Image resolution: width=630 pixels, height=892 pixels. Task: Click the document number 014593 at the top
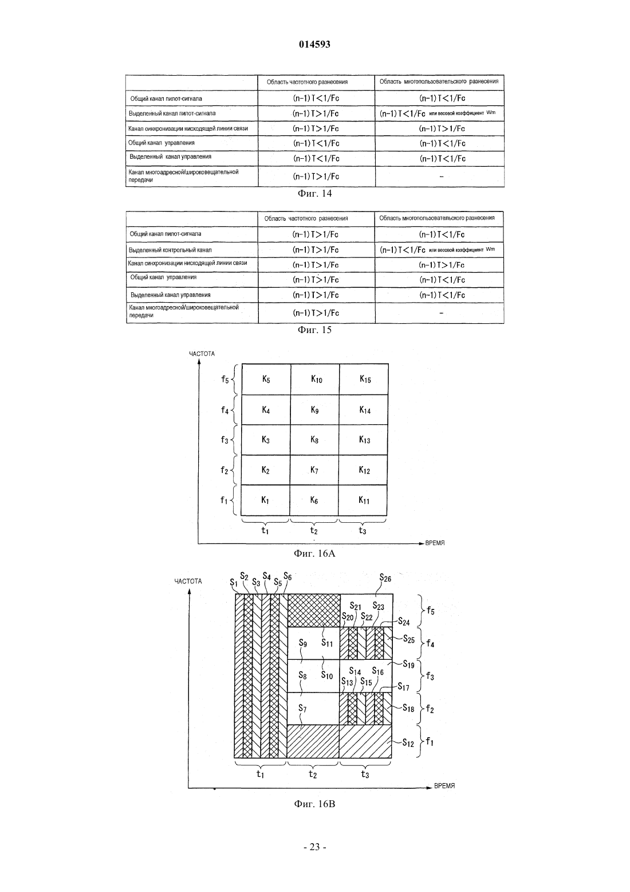point(314,44)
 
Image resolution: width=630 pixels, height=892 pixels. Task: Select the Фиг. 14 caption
point(314,194)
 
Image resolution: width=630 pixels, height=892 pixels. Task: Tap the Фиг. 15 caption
point(314,330)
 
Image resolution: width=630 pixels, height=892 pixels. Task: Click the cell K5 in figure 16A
point(266,380)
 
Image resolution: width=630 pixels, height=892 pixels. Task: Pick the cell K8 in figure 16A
point(314,440)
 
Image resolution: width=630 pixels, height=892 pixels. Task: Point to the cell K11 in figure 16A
point(364,500)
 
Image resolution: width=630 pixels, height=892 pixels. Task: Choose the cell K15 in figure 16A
point(365,380)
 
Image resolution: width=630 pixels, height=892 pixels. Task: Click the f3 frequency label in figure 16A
point(225,440)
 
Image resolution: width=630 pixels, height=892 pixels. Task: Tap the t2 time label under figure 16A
point(314,530)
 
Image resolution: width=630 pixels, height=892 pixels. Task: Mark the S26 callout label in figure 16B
point(385,578)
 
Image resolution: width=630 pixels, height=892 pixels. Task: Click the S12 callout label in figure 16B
point(408,743)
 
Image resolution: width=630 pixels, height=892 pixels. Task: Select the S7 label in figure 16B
point(302,709)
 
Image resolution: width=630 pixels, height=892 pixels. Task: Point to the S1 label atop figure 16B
point(234,582)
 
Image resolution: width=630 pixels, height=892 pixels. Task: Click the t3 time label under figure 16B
point(365,774)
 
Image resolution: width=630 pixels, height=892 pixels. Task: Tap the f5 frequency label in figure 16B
point(430,611)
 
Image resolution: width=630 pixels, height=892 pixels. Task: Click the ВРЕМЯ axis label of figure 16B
point(444,786)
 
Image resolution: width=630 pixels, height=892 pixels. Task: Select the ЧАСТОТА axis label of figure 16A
point(202,354)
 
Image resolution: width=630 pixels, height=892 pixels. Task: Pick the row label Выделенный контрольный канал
point(170,250)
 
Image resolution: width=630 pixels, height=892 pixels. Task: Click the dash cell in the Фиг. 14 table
point(441,177)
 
